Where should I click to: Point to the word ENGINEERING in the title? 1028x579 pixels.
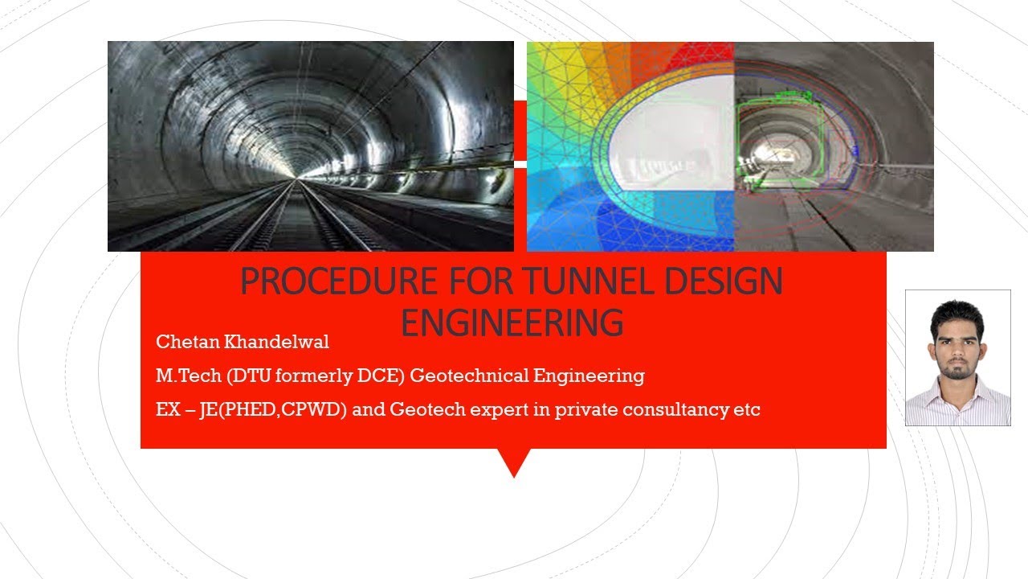(x=512, y=322)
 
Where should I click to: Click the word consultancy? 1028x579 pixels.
(x=696, y=409)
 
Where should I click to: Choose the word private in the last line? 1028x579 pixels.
(x=608, y=409)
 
